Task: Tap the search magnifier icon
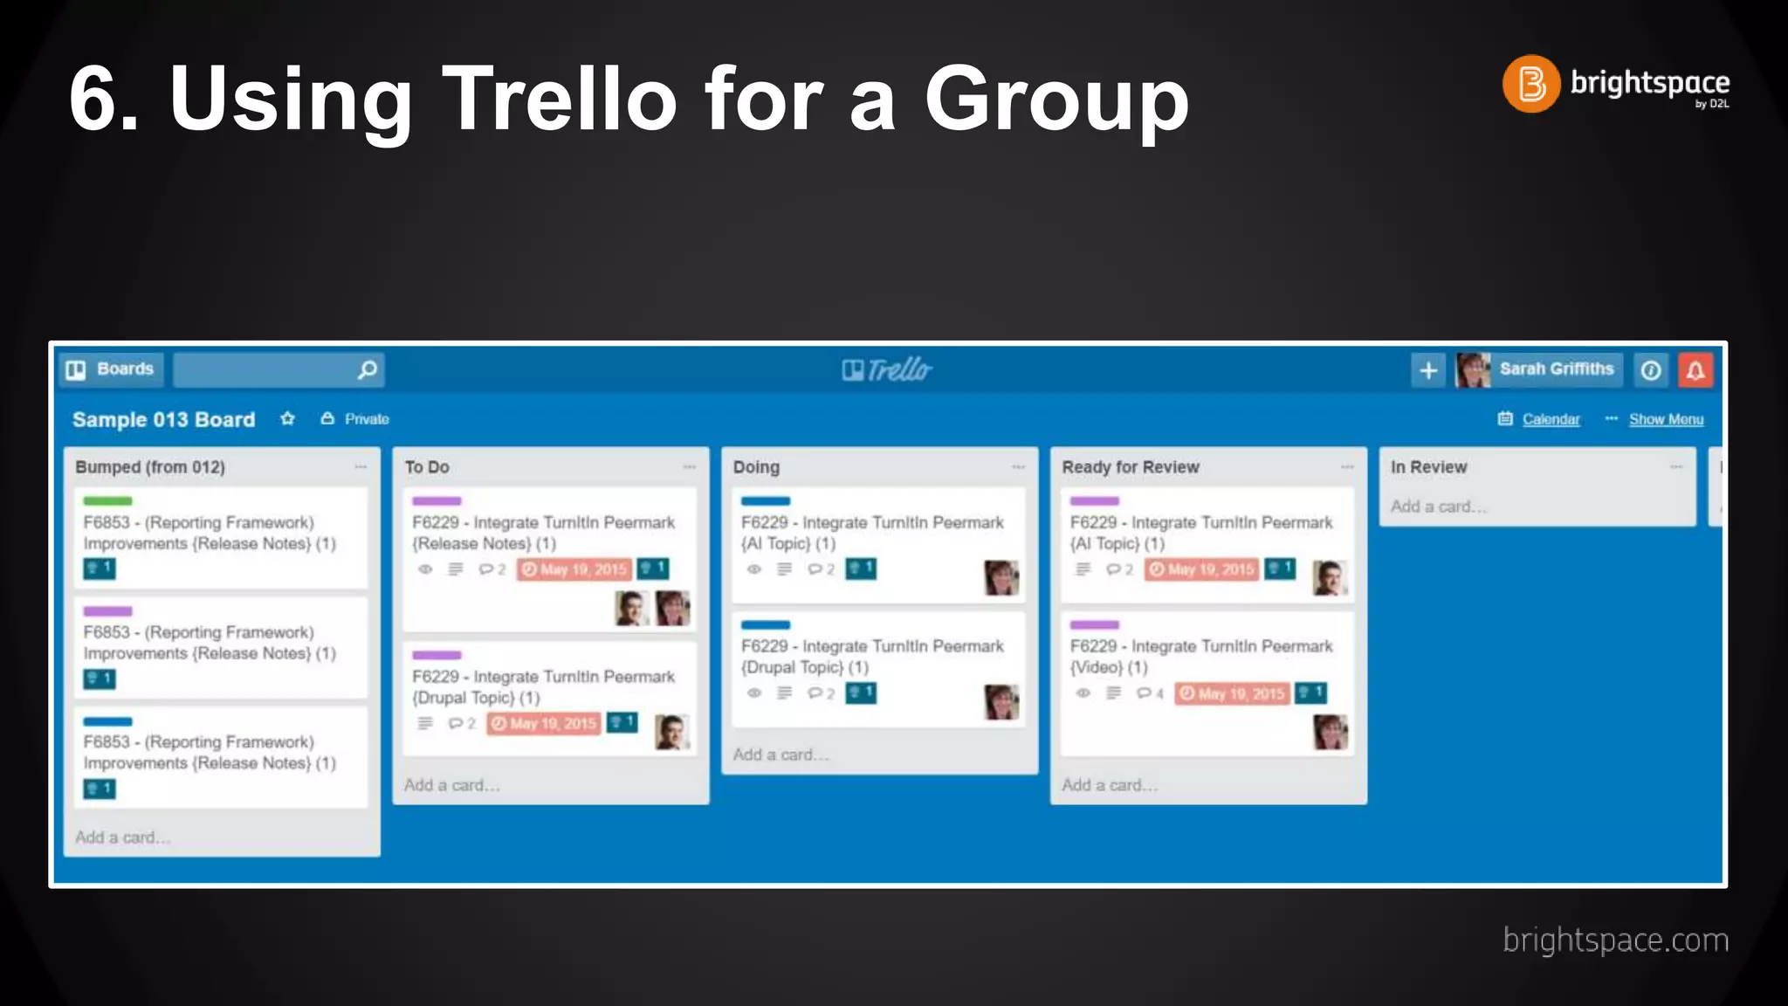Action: [x=368, y=369]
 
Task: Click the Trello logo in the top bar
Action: [x=887, y=370]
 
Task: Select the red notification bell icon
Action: [x=1695, y=370]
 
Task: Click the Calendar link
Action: [x=1551, y=419]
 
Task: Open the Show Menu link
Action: [x=1666, y=419]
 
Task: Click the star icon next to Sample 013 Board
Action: [x=287, y=419]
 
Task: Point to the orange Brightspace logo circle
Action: [x=1530, y=84]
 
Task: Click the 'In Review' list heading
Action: [x=1428, y=467]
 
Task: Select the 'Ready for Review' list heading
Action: [x=1130, y=467]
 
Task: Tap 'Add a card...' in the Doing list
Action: [x=781, y=754]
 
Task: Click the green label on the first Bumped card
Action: [x=107, y=501]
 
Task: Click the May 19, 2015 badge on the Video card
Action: [x=1232, y=693]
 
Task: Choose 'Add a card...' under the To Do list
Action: [x=451, y=785]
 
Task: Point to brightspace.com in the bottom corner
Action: [x=1615, y=941]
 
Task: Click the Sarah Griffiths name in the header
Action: [x=1556, y=369]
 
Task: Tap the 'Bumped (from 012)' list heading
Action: [x=150, y=467]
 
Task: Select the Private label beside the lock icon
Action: [x=367, y=419]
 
